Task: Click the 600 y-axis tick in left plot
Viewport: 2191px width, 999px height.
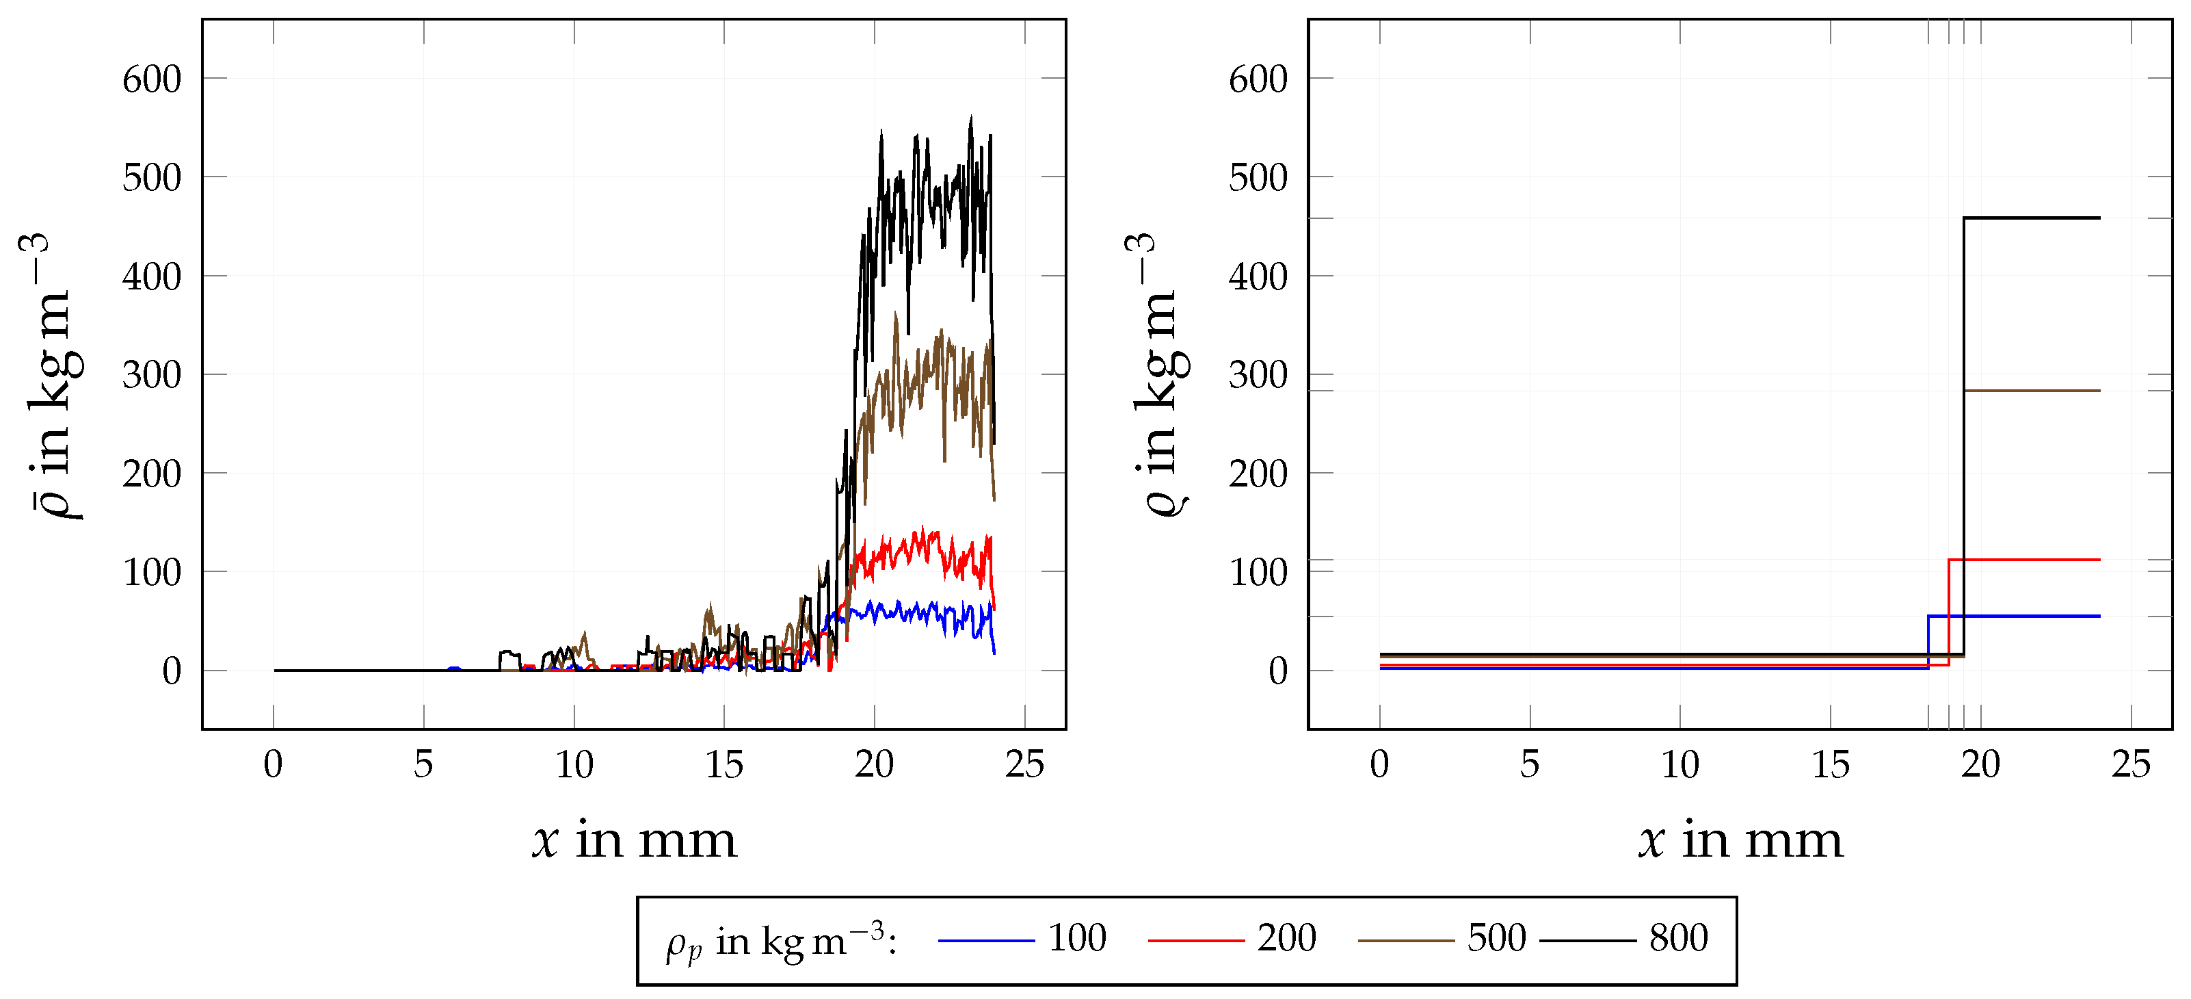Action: pos(151,80)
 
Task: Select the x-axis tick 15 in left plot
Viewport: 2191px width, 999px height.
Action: pos(723,765)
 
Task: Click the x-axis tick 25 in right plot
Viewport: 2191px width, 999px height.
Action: pos(2131,765)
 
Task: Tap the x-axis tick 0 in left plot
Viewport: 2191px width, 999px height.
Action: pos(273,765)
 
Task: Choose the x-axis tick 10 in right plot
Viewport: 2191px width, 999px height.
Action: pos(1679,765)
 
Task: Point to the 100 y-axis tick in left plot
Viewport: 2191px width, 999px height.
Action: pos(151,573)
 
